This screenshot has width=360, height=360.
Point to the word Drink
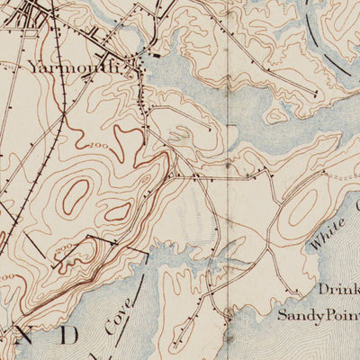coord(338,290)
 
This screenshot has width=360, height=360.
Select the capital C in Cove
coord(109,329)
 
